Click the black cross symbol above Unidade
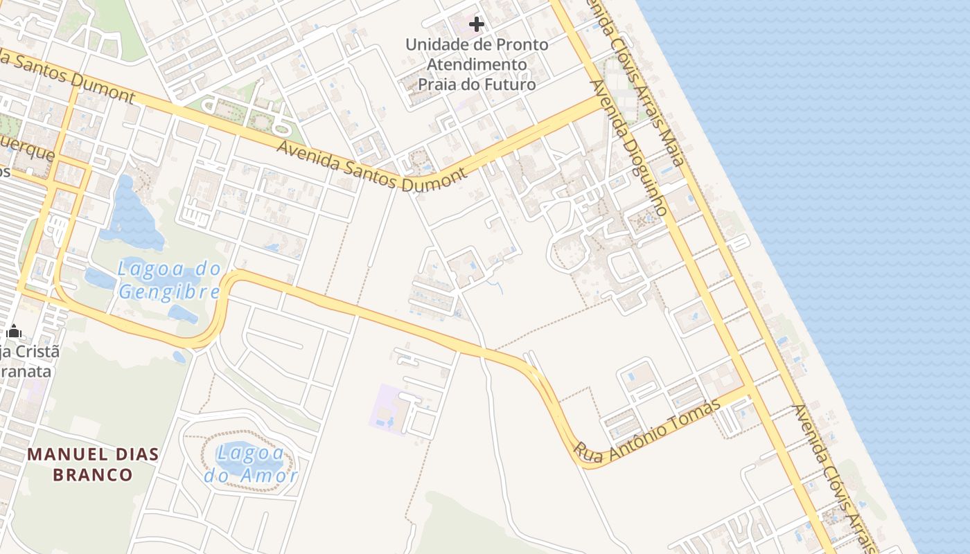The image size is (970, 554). coord(477,25)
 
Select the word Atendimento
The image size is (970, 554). coord(477,64)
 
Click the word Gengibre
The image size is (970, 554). coord(169,291)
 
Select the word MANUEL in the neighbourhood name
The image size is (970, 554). coord(64,455)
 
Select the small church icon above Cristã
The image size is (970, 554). coord(13,332)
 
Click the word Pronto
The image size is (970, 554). coord(521,45)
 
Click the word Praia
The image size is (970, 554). coord(438,84)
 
